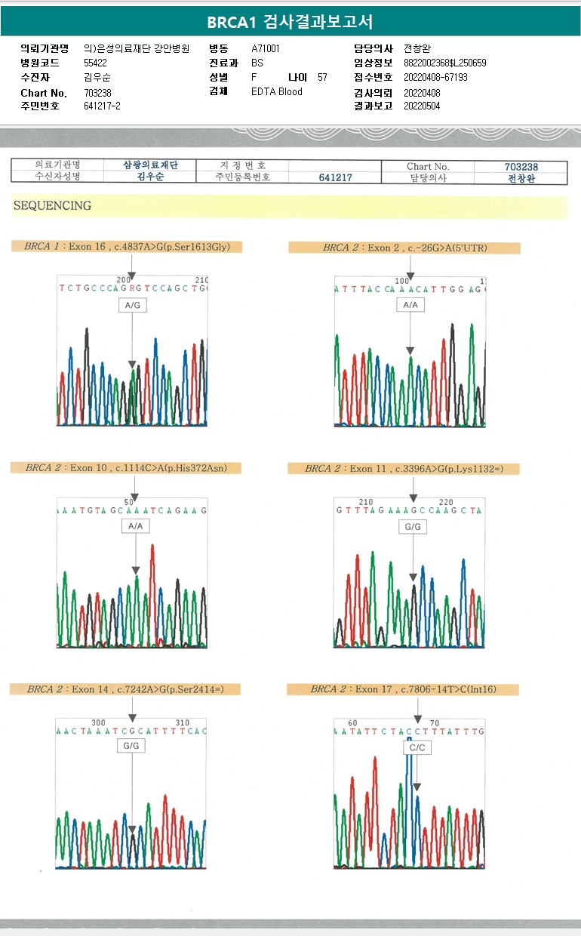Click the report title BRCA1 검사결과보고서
(290, 22)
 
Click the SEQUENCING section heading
(52, 205)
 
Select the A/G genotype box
(132, 305)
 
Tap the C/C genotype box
(417, 747)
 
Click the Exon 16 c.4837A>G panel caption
(127, 247)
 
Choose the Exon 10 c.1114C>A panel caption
(125, 468)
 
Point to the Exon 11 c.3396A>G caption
(404, 469)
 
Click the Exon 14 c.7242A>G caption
(124, 689)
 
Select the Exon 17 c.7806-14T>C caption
(404, 689)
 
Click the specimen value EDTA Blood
(276, 91)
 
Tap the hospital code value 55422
(95, 63)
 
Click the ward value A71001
(266, 48)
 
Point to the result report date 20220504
(422, 106)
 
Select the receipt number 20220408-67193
(435, 77)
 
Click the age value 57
(322, 77)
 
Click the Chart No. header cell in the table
(428, 166)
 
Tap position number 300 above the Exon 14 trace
(98, 722)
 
